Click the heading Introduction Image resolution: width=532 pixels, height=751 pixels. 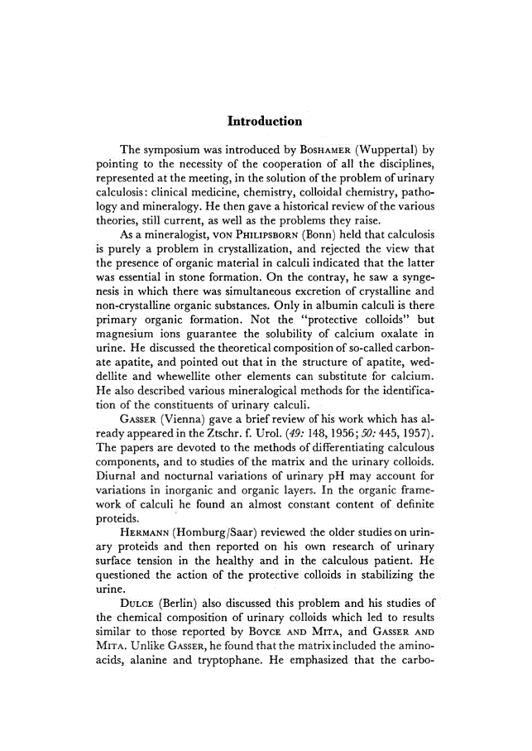[x=265, y=122]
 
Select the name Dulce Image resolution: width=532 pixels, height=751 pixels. [x=138, y=627]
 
